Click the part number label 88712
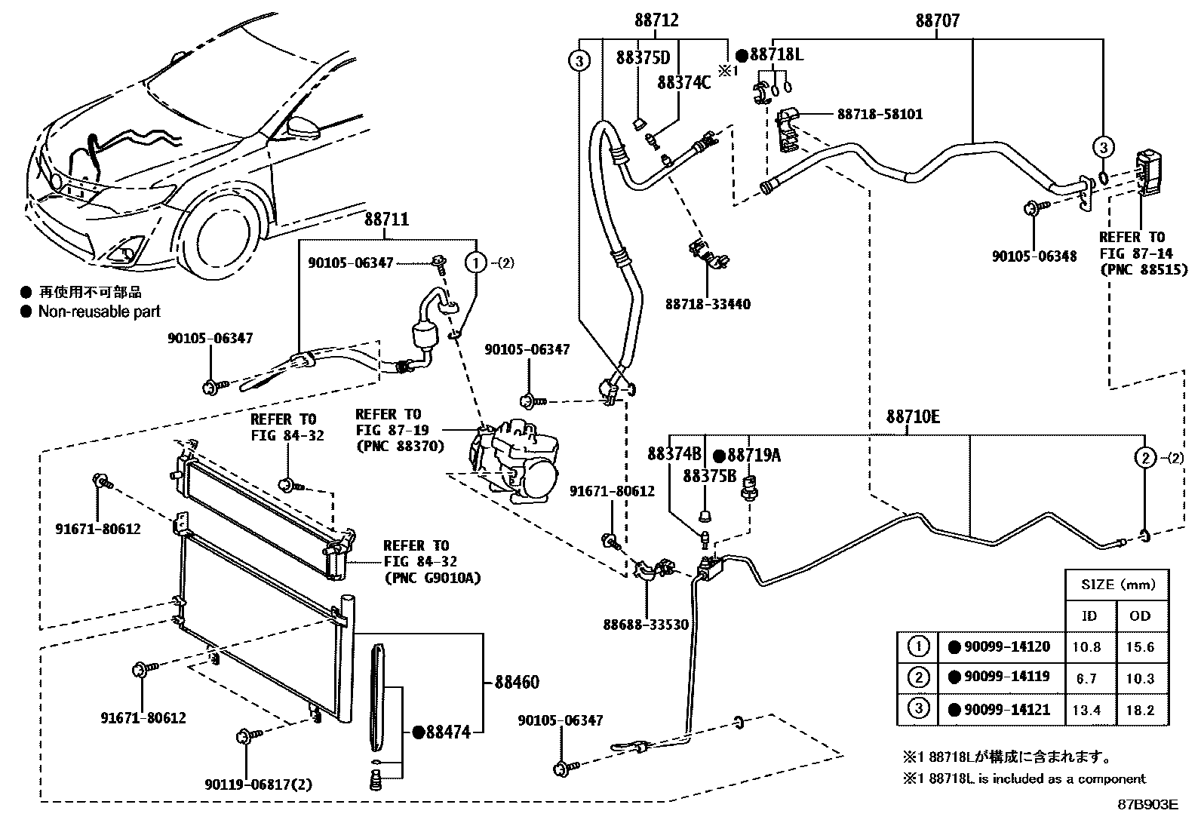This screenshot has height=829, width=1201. point(656,21)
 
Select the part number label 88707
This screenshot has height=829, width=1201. point(938,21)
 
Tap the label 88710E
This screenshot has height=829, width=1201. point(912,417)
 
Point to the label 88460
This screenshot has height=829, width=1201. point(517,683)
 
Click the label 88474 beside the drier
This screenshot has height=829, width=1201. point(448,732)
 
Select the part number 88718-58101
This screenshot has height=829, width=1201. point(880,115)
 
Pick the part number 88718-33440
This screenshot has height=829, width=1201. point(708,305)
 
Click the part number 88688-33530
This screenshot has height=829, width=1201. point(646,625)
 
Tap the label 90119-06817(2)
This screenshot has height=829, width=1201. point(258,784)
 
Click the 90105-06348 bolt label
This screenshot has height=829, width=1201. point(1034,256)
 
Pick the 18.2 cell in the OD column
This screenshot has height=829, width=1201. point(1140,710)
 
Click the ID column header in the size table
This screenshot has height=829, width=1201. point(1089,616)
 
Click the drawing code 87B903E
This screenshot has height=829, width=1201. point(1147,804)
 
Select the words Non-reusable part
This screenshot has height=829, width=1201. point(100,311)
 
